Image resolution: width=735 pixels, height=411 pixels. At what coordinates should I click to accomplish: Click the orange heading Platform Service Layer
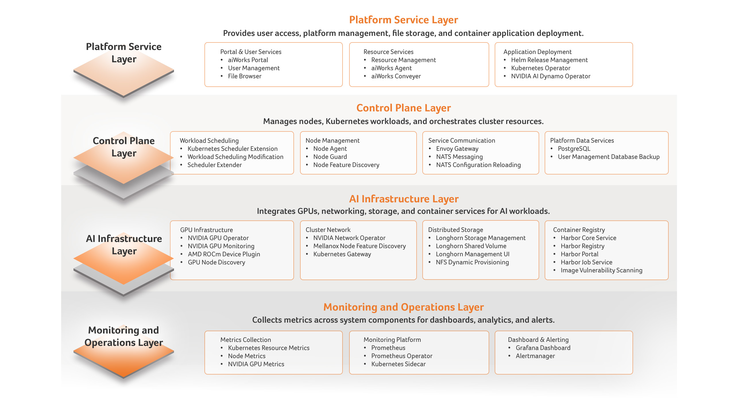coord(403,20)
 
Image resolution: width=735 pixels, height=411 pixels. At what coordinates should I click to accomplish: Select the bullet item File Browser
coord(245,76)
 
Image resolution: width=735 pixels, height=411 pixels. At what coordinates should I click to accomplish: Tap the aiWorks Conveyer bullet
coord(396,76)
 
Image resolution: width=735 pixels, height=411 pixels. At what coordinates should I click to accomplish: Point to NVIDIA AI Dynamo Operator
coord(551,76)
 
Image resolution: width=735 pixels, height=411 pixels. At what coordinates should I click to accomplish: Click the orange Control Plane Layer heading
coord(403,108)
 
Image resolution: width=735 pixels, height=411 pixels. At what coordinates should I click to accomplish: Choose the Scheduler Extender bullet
coord(214,165)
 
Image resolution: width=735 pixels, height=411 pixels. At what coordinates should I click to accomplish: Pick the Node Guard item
coord(330,157)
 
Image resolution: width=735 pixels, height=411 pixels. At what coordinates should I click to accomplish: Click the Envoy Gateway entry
coord(457,149)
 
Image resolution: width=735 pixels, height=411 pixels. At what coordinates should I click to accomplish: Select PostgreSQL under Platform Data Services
coord(574,149)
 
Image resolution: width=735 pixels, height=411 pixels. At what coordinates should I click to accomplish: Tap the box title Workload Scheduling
coord(209,141)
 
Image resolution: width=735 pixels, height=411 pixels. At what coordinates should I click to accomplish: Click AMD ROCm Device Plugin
coord(224,254)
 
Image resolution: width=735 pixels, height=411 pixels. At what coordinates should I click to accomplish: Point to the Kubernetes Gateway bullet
coord(342,254)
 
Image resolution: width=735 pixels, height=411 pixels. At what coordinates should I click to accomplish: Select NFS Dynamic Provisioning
coord(472,262)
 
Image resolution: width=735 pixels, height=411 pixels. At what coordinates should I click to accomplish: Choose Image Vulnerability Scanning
coord(601,270)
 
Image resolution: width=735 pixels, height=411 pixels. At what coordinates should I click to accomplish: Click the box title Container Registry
coord(579,230)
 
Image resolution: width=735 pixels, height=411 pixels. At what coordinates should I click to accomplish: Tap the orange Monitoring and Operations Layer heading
coord(403,307)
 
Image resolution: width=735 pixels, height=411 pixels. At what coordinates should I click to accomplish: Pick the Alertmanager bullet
coord(535,356)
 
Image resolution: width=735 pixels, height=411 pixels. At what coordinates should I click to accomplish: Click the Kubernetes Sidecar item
coord(398,364)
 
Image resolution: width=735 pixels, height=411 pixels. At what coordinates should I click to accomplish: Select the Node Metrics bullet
coord(247,356)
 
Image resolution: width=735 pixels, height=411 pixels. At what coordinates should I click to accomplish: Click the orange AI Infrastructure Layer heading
coord(403,199)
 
